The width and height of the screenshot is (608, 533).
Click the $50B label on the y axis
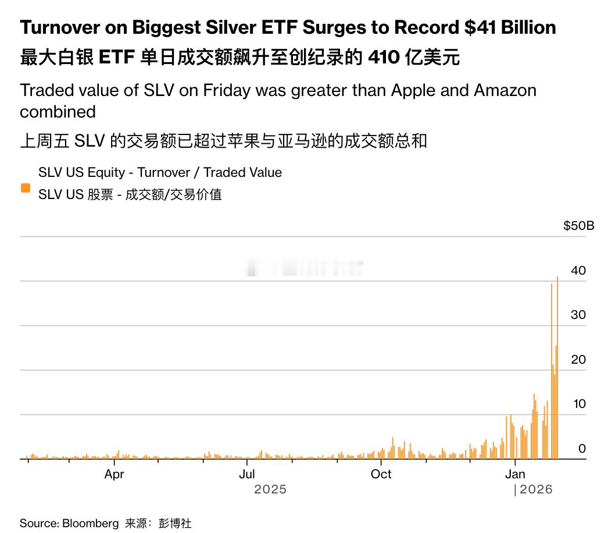click(x=578, y=226)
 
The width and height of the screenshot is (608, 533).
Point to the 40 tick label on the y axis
click(x=578, y=271)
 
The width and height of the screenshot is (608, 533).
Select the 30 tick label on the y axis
click(x=578, y=315)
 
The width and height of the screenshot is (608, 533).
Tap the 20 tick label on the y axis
click(x=578, y=360)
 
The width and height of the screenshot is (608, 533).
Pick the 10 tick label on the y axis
click(x=578, y=404)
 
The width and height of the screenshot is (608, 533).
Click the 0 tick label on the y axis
click(x=582, y=449)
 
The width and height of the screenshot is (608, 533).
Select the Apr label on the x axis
click(x=115, y=474)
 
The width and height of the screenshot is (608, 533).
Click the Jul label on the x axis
click(x=247, y=474)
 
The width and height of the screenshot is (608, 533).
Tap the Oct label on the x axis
click(x=381, y=474)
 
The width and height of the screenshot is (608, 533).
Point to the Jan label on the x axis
click(x=515, y=474)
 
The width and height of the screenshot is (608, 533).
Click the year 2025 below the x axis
click(x=270, y=489)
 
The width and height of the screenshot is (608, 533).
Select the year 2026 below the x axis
click(x=536, y=489)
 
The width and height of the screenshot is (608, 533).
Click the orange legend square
click(x=25, y=187)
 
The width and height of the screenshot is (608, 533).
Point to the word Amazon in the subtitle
click(x=505, y=90)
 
